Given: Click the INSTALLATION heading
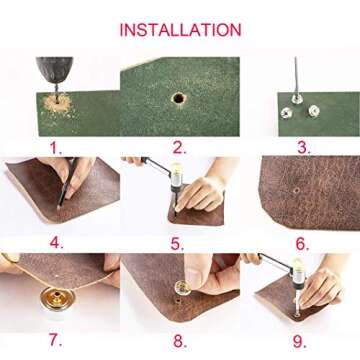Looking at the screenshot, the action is pyautogui.click(x=180, y=30).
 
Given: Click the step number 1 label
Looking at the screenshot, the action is pyautogui.click(x=56, y=148).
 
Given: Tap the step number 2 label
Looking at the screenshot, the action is pyautogui.click(x=179, y=148).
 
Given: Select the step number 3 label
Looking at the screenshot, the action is pyautogui.click(x=304, y=148).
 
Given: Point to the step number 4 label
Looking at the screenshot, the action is pyautogui.click(x=56, y=243).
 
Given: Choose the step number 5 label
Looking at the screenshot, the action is pyautogui.click(x=177, y=244).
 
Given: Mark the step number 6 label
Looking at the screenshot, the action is pyautogui.click(x=302, y=244).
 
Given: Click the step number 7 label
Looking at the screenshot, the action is pyautogui.click(x=56, y=340).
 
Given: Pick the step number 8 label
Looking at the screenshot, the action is pyautogui.click(x=180, y=341).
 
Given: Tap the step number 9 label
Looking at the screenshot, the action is pyautogui.click(x=300, y=341).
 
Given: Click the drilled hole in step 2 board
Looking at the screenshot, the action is pyautogui.click(x=179, y=98).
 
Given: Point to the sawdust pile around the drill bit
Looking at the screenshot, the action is pyautogui.click(x=57, y=103).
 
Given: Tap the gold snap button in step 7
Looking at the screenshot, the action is pyautogui.click(x=57, y=296).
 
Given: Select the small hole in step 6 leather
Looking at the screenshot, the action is pyautogui.click(x=296, y=190).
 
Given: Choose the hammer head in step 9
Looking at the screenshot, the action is pyautogui.click(x=299, y=273).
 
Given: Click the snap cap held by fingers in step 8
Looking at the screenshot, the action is pyautogui.click(x=183, y=288).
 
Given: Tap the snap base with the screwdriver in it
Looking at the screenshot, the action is pyautogui.click(x=297, y=99).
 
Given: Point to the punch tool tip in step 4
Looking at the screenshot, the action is pyautogui.click(x=59, y=207).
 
